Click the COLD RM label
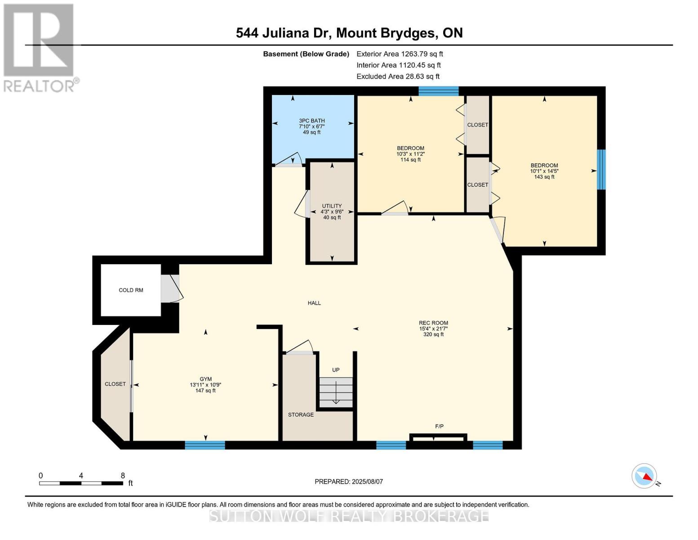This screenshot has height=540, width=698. tap(131, 290)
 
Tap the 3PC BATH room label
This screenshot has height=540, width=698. tap(311, 121)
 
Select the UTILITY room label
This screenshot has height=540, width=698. tap(332, 206)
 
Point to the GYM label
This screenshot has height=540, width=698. tap(205, 379)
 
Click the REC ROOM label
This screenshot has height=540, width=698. tap(433, 323)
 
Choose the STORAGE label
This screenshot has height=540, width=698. tap(301, 414)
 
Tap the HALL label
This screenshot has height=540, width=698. tap(314, 303)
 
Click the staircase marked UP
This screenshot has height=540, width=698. tap(336, 392)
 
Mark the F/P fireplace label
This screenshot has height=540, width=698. tap(439, 427)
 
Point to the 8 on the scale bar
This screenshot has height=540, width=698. tap(123, 475)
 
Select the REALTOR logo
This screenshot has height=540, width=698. tap(40, 48)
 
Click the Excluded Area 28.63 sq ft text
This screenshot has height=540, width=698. tap(398, 76)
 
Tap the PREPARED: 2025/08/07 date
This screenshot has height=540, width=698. tap(348, 481)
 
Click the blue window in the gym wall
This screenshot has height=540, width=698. tap(205, 445)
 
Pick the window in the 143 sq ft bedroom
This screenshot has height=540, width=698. tap(601, 170)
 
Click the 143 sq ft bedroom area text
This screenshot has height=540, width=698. tap(544, 177)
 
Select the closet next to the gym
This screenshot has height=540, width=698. tap(116, 384)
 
